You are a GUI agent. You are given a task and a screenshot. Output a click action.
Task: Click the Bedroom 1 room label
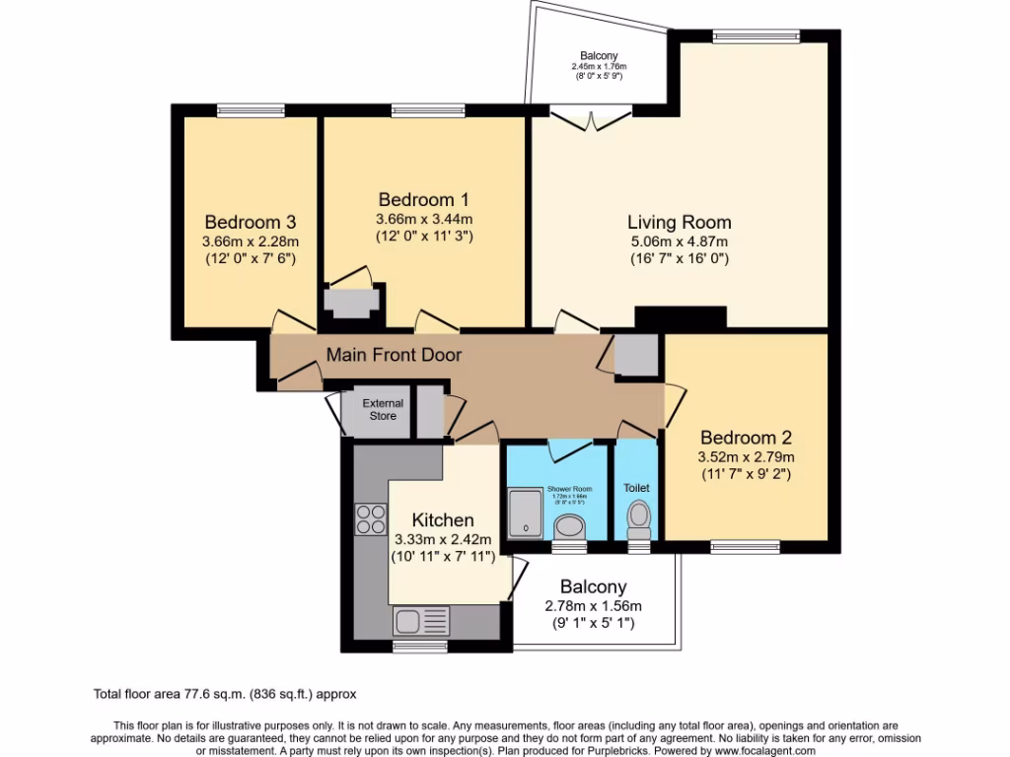pos(423,199)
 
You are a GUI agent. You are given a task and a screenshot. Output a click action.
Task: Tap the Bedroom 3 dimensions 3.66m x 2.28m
pos(251,241)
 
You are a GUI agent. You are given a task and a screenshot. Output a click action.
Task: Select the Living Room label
pos(680,222)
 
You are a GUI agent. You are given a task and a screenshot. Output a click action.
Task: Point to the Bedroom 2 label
pos(746,437)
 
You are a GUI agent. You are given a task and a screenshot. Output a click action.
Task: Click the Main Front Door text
pos(394,355)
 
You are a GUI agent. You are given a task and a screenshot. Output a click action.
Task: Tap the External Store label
pos(383,409)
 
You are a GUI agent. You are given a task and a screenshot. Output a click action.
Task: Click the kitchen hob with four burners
pos(371,518)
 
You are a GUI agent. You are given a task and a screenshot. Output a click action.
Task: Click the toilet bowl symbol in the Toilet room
pos(639,515)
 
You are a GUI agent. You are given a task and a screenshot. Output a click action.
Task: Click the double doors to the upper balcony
pos(589,120)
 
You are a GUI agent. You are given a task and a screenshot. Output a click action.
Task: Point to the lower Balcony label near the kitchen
pos(594,586)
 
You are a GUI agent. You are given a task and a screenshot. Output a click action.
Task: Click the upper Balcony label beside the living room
pos(599,56)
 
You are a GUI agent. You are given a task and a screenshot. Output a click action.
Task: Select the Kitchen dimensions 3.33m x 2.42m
pos(434,539)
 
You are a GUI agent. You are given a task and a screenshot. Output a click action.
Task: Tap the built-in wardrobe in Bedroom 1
pos(349,302)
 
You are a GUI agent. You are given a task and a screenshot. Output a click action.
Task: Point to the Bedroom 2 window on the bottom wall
pos(745,546)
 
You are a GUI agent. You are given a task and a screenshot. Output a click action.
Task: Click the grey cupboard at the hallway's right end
pos(635,356)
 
